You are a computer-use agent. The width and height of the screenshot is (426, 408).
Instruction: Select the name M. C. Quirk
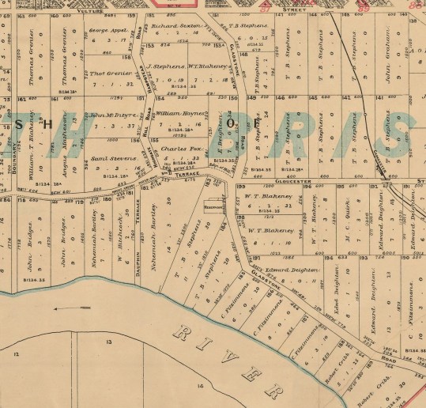(345, 229)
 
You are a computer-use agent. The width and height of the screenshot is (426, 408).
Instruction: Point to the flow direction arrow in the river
(62, 310)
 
